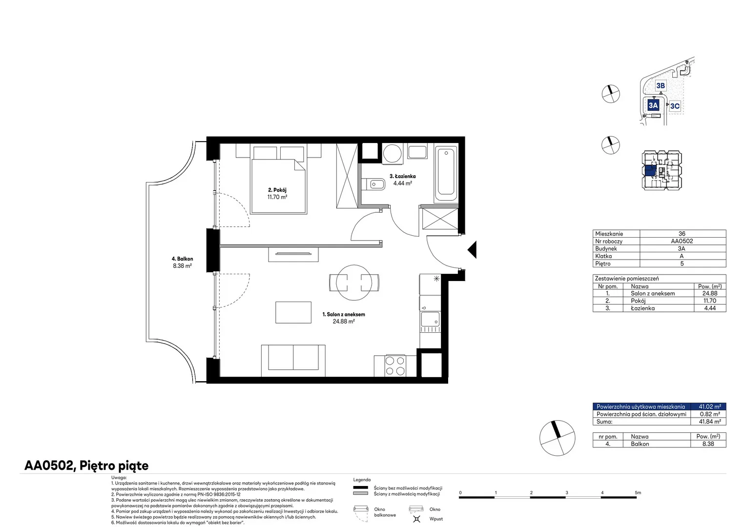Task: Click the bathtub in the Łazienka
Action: (446, 173)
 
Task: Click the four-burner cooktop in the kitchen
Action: (395, 365)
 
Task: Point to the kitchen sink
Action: (430, 319)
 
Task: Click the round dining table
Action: (353, 283)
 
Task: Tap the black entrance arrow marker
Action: (472, 249)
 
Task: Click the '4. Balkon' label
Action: (182, 259)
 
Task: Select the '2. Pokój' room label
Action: (277, 190)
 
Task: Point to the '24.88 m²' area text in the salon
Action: (344, 321)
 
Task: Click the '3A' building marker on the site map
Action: (653, 105)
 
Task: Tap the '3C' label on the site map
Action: (675, 106)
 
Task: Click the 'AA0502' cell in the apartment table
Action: (682, 241)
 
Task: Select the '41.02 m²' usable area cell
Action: (710, 406)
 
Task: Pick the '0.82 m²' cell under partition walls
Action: (710, 414)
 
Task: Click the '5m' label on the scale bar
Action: (638, 492)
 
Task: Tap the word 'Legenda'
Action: (362, 480)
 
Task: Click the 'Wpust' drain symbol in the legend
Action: (416, 519)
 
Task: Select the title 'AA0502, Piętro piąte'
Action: (86, 466)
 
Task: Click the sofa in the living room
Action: (293, 361)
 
